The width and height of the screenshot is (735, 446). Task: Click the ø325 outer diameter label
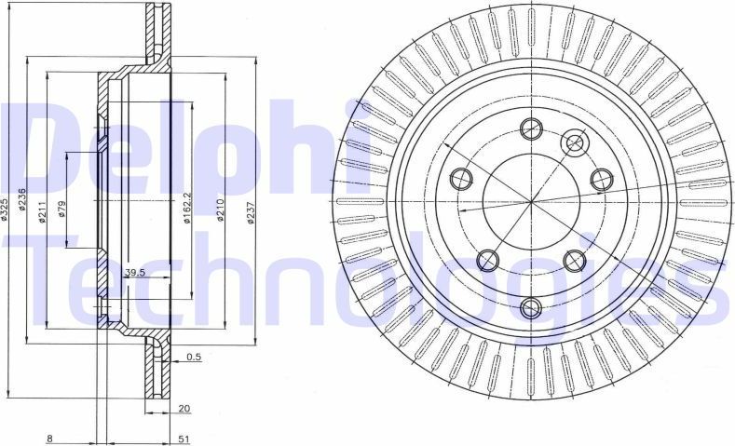point(5,212)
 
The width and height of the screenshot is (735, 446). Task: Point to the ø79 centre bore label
point(61,209)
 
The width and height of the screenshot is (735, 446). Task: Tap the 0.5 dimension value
point(194,357)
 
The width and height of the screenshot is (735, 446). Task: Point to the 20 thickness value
point(184,407)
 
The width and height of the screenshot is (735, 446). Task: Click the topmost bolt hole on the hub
point(532,129)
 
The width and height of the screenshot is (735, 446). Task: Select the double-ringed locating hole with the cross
point(575,142)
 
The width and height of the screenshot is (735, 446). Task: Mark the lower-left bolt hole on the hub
point(485,260)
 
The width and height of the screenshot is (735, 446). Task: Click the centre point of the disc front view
point(532,201)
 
